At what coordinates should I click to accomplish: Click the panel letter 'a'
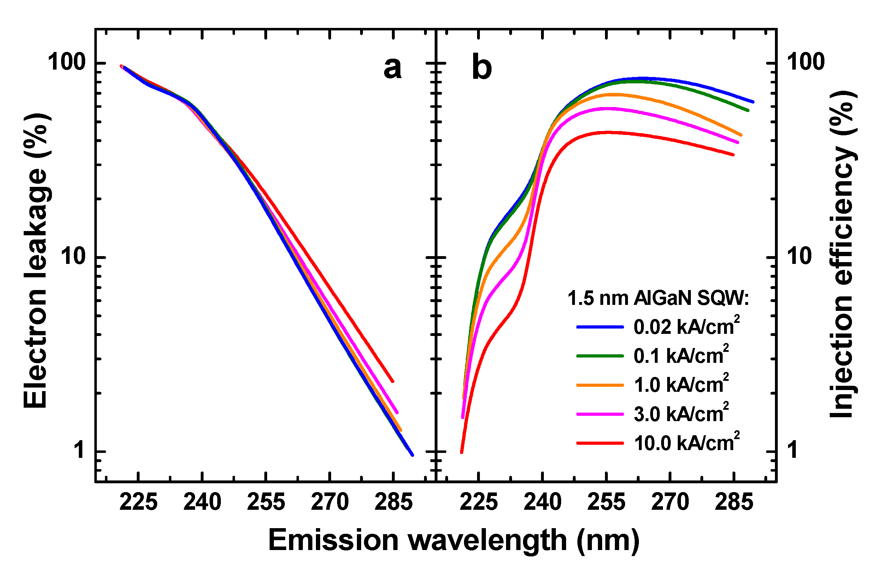point(393,68)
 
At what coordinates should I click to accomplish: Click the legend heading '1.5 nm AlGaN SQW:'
point(658,298)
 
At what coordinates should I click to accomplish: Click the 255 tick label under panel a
point(266,502)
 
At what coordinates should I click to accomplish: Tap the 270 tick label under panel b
point(670,502)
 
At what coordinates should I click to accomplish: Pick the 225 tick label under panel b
point(478,502)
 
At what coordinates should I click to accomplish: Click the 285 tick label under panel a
point(393,502)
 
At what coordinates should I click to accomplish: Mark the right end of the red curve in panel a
point(393,381)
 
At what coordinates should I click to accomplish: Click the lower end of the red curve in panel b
point(461,453)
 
